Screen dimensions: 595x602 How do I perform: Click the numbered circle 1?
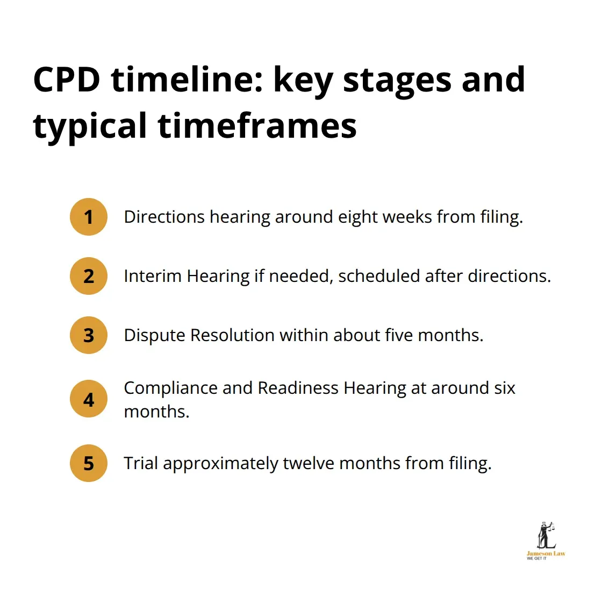(x=89, y=217)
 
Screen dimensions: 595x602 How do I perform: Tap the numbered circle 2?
(x=89, y=276)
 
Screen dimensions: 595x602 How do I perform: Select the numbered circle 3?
(x=89, y=335)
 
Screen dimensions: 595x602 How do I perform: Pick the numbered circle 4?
(x=89, y=399)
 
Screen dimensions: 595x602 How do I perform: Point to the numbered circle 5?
(x=89, y=463)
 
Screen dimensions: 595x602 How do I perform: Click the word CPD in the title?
(x=67, y=80)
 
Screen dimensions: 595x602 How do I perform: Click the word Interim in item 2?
(x=153, y=276)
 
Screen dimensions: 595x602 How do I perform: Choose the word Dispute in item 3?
(x=154, y=335)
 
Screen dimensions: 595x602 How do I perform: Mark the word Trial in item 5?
(x=141, y=463)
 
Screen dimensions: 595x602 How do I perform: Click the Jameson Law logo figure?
(x=546, y=535)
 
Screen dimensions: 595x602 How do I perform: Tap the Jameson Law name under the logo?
(x=546, y=554)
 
